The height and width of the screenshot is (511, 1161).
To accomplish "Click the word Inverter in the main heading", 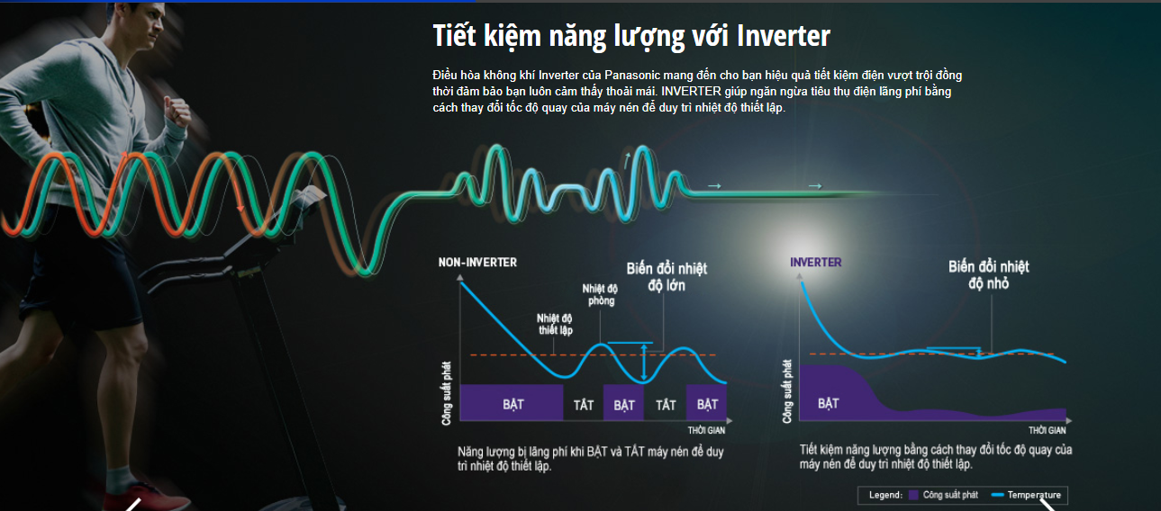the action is coord(783,36).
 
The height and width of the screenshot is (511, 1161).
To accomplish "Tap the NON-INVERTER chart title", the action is coord(477,263).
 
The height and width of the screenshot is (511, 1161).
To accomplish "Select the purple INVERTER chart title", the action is coord(815,263).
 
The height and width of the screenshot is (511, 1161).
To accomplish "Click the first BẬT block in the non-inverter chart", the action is coord(512,402).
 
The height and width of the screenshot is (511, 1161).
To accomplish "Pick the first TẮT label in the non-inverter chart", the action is coord(583,404).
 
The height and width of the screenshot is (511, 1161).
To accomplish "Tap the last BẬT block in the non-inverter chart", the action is coord(706,402).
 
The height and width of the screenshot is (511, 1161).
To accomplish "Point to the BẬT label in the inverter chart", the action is coord(829,403).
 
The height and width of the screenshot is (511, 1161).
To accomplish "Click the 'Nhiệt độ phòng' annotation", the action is coord(600,294).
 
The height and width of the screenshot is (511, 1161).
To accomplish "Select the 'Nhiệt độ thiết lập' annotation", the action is coord(555,325).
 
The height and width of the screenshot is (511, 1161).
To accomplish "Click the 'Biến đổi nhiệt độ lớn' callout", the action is coord(667,277).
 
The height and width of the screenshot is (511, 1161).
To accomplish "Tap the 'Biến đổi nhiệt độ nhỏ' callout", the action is coord(988,275).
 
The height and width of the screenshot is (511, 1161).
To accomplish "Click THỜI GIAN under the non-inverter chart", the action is coord(706,430).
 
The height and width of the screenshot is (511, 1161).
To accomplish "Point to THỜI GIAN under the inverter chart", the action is coord(1047,430).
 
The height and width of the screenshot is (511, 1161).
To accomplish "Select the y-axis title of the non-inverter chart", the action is coord(446,393).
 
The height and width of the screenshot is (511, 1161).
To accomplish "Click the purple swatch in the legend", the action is coord(913,495).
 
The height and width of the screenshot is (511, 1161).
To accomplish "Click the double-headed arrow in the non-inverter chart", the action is coord(644,363).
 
